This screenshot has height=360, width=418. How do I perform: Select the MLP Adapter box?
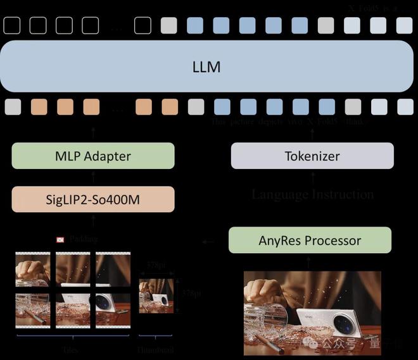[x=92, y=156]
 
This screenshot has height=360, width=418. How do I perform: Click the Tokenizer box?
[x=312, y=156]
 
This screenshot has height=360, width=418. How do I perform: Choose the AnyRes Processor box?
[x=310, y=240]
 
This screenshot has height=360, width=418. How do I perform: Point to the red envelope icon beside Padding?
[x=60, y=240]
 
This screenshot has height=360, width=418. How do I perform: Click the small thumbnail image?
[x=156, y=295]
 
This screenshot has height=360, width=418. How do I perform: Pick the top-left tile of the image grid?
[x=32, y=270]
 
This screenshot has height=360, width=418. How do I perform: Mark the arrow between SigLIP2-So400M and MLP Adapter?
[x=93, y=178]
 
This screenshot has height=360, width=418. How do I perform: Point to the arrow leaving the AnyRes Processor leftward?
[x=207, y=241]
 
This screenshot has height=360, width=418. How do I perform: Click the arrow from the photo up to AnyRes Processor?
[x=310, y=261]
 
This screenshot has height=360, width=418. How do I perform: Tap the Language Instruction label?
[x=312, y=194]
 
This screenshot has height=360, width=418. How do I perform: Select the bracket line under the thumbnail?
[x=156, y=337]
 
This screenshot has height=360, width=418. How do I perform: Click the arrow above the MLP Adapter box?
[x=93, y=132]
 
